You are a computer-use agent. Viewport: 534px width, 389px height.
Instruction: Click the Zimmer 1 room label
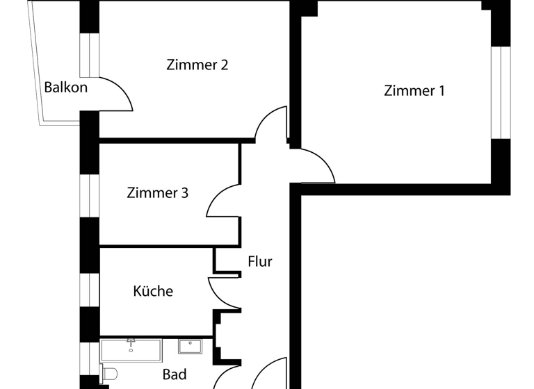[x=414, y=91]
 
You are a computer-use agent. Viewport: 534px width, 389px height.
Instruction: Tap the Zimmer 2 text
[x=197, y=65]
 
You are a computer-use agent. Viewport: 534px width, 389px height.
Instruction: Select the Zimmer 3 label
[x=157, y=193]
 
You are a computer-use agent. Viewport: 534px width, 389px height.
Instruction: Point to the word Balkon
[x=66, y=88]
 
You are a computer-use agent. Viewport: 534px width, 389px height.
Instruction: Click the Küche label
[x=153, y=291]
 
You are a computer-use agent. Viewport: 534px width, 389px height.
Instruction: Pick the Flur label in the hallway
[x=260, y=262]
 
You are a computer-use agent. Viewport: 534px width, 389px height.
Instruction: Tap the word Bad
[x=175, y=375]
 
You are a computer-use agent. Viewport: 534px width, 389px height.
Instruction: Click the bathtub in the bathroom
[x=131, y=350]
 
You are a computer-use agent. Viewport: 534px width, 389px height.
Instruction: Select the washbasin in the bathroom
[x=189, y=346]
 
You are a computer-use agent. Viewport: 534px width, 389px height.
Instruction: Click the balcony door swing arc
[x=118, y=94]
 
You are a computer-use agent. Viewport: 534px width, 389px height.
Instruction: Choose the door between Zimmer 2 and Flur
[x=271, y=125]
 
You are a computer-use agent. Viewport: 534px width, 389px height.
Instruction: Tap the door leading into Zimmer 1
[x=316, y=167]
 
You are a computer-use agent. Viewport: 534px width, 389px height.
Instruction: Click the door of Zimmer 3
[x=222, y=201]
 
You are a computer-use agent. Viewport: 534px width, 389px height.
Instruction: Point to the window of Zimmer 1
[x=501, y=92]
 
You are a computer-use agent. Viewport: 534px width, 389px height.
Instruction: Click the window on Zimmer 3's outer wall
[x=89, y=195]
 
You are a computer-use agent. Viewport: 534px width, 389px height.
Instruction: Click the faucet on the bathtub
[x=130, y=342]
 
